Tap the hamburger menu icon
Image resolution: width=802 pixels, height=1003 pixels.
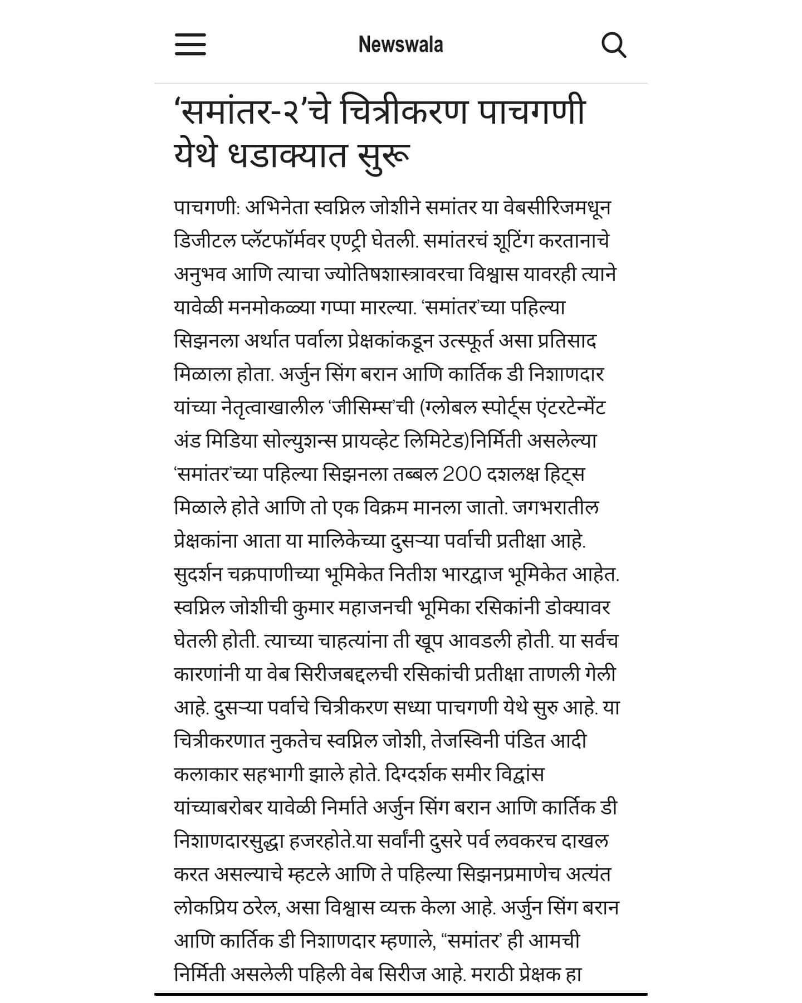pyautogui.click(x=190, y=44)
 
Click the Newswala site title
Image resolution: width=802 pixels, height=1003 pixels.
pyautogui.click(x=400, y=45)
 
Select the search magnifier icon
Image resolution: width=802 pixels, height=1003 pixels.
pyautogui.click(x=614, y=45)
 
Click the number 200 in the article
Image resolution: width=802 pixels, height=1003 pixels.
pyautogui.click(x=462, y=474)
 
